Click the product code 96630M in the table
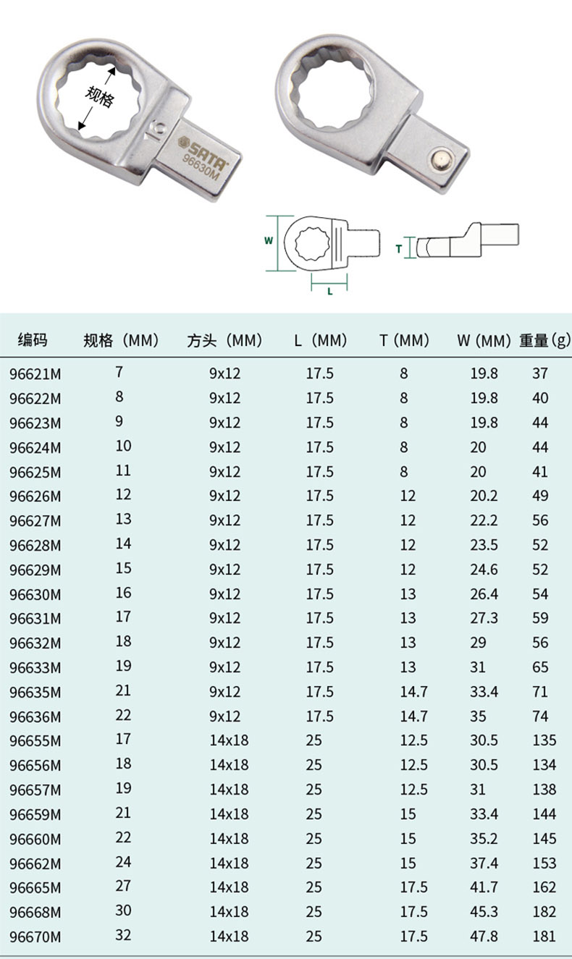(35, 594)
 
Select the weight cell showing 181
(544, 936)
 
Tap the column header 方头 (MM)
(224, 341)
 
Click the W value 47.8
(484, 936)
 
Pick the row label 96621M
(35, 373)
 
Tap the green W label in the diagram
(269, 240)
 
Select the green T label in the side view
(399, 248)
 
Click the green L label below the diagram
(329, 291)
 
